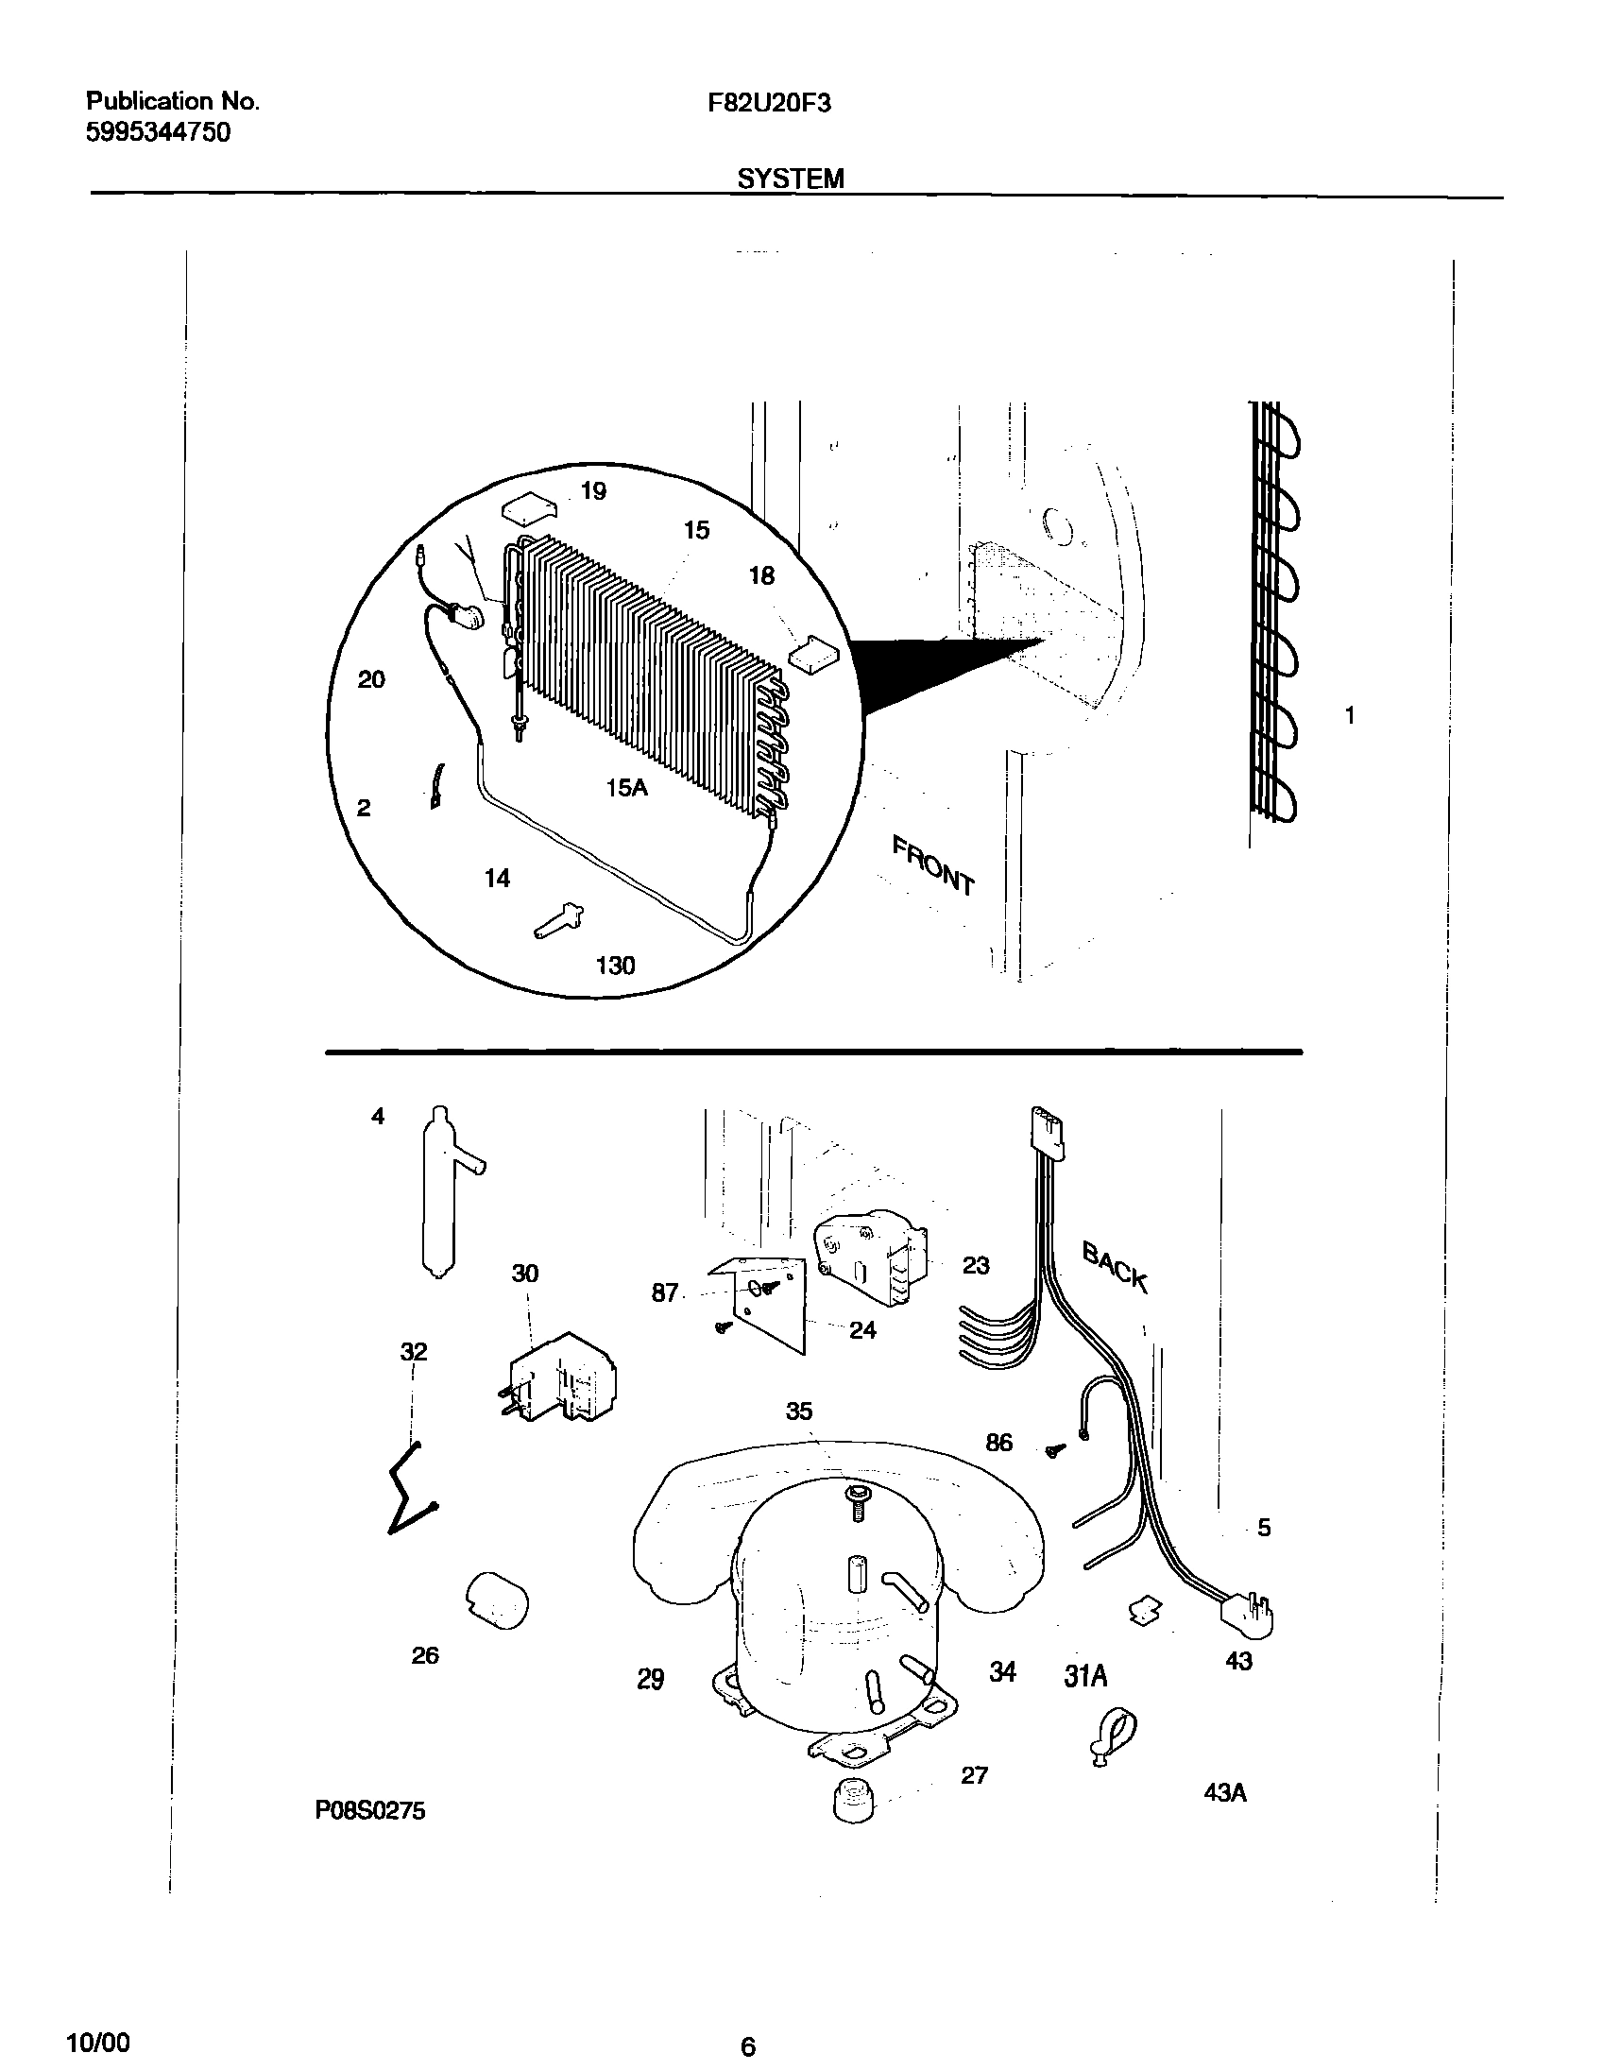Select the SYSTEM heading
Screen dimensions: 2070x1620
(790, 179)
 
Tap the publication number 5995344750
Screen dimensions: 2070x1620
(159, 132)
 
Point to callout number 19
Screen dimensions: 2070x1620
(593, 490)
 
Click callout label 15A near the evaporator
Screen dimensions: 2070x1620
(627, 786)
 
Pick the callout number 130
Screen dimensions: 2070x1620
(615, 966)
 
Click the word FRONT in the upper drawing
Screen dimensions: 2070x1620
(933, 865)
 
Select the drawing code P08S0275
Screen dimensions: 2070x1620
(370, 1811)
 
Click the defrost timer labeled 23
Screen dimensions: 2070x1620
(870, 1257)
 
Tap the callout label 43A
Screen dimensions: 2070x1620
(1224, 1793)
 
